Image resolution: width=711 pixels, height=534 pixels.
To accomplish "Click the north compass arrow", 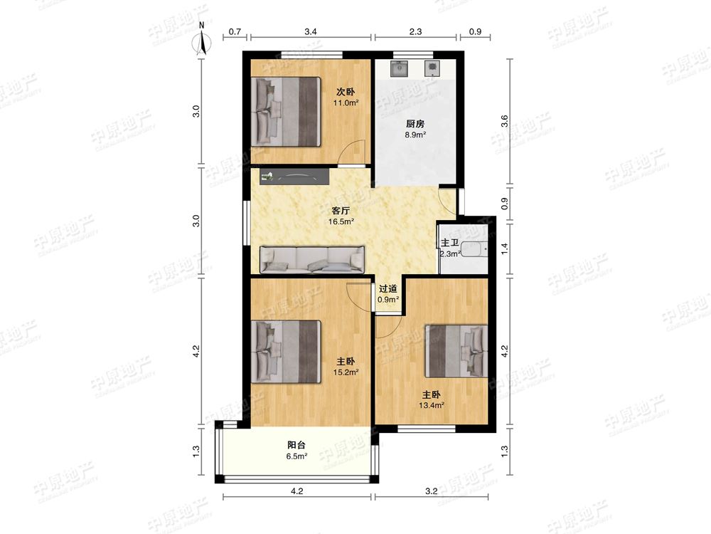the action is (x=203, y=43).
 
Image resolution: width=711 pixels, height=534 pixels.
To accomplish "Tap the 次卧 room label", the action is (x=346, y=92).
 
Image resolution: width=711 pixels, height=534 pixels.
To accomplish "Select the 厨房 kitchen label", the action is (x=415, y=123).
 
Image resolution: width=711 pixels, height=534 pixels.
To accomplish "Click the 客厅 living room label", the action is (x=341, y=211).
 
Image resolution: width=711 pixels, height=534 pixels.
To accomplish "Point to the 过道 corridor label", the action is (x=388, y=288).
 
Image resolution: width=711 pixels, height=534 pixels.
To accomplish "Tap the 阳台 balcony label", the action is (x=296, y=445).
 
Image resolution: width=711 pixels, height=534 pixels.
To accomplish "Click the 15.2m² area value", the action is (x=346, y=372).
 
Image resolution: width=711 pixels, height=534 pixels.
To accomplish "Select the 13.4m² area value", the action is (x=432, y=406).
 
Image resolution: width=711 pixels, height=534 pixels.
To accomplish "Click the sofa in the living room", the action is (x=312, y=260).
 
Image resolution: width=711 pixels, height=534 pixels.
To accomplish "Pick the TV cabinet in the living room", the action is (x=294, y=176).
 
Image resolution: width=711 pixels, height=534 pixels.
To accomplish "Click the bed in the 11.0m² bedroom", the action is (x=286, y=112).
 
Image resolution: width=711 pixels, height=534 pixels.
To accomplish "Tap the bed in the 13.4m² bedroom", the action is (x=456, y=350).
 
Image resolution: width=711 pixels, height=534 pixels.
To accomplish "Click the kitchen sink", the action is (x=399, y=68).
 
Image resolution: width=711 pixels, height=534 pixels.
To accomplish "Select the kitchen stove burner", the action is (x=432, y=68).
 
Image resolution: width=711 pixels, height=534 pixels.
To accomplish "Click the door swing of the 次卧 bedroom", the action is (x=352, y=152).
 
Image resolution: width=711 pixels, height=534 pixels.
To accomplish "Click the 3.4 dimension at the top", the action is (x=311, y=32).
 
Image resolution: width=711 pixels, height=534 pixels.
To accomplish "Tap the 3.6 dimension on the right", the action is (x=505, y=122).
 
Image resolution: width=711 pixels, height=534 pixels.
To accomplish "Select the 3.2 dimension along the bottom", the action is (x=432, y=491).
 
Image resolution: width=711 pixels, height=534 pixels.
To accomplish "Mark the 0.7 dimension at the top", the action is (x=235, y=32).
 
